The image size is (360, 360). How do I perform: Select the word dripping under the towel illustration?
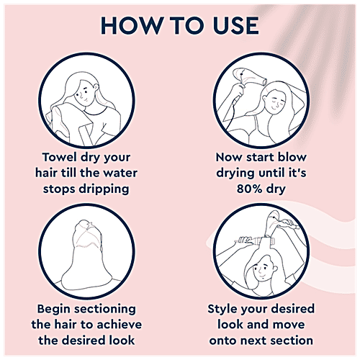[x=104, y=189]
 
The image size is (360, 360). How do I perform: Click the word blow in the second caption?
[x=292, y=158]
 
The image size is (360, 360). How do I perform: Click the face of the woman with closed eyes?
[x=276, y=102]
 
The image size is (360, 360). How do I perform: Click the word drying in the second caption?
[x=235, y=174]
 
